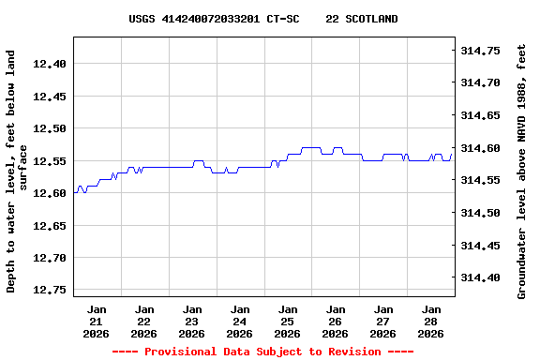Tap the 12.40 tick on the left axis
50,64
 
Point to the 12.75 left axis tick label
50,290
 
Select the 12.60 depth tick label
50,193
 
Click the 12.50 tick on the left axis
50,128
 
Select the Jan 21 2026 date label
97,321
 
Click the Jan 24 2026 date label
240,321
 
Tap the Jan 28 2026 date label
431,321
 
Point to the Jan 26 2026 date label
336,321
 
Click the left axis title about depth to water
17,172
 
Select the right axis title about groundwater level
522,172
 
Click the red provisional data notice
262,352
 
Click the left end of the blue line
74,192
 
